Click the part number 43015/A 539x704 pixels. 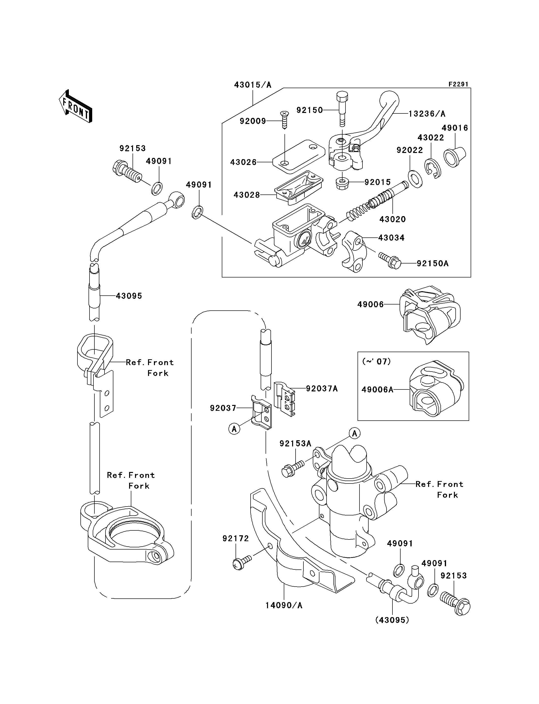(253, 85)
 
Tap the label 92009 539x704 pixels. (253, 121)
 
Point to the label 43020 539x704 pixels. (392, 219)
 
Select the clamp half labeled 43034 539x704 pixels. (354, 251)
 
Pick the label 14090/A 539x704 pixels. (284, 612)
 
